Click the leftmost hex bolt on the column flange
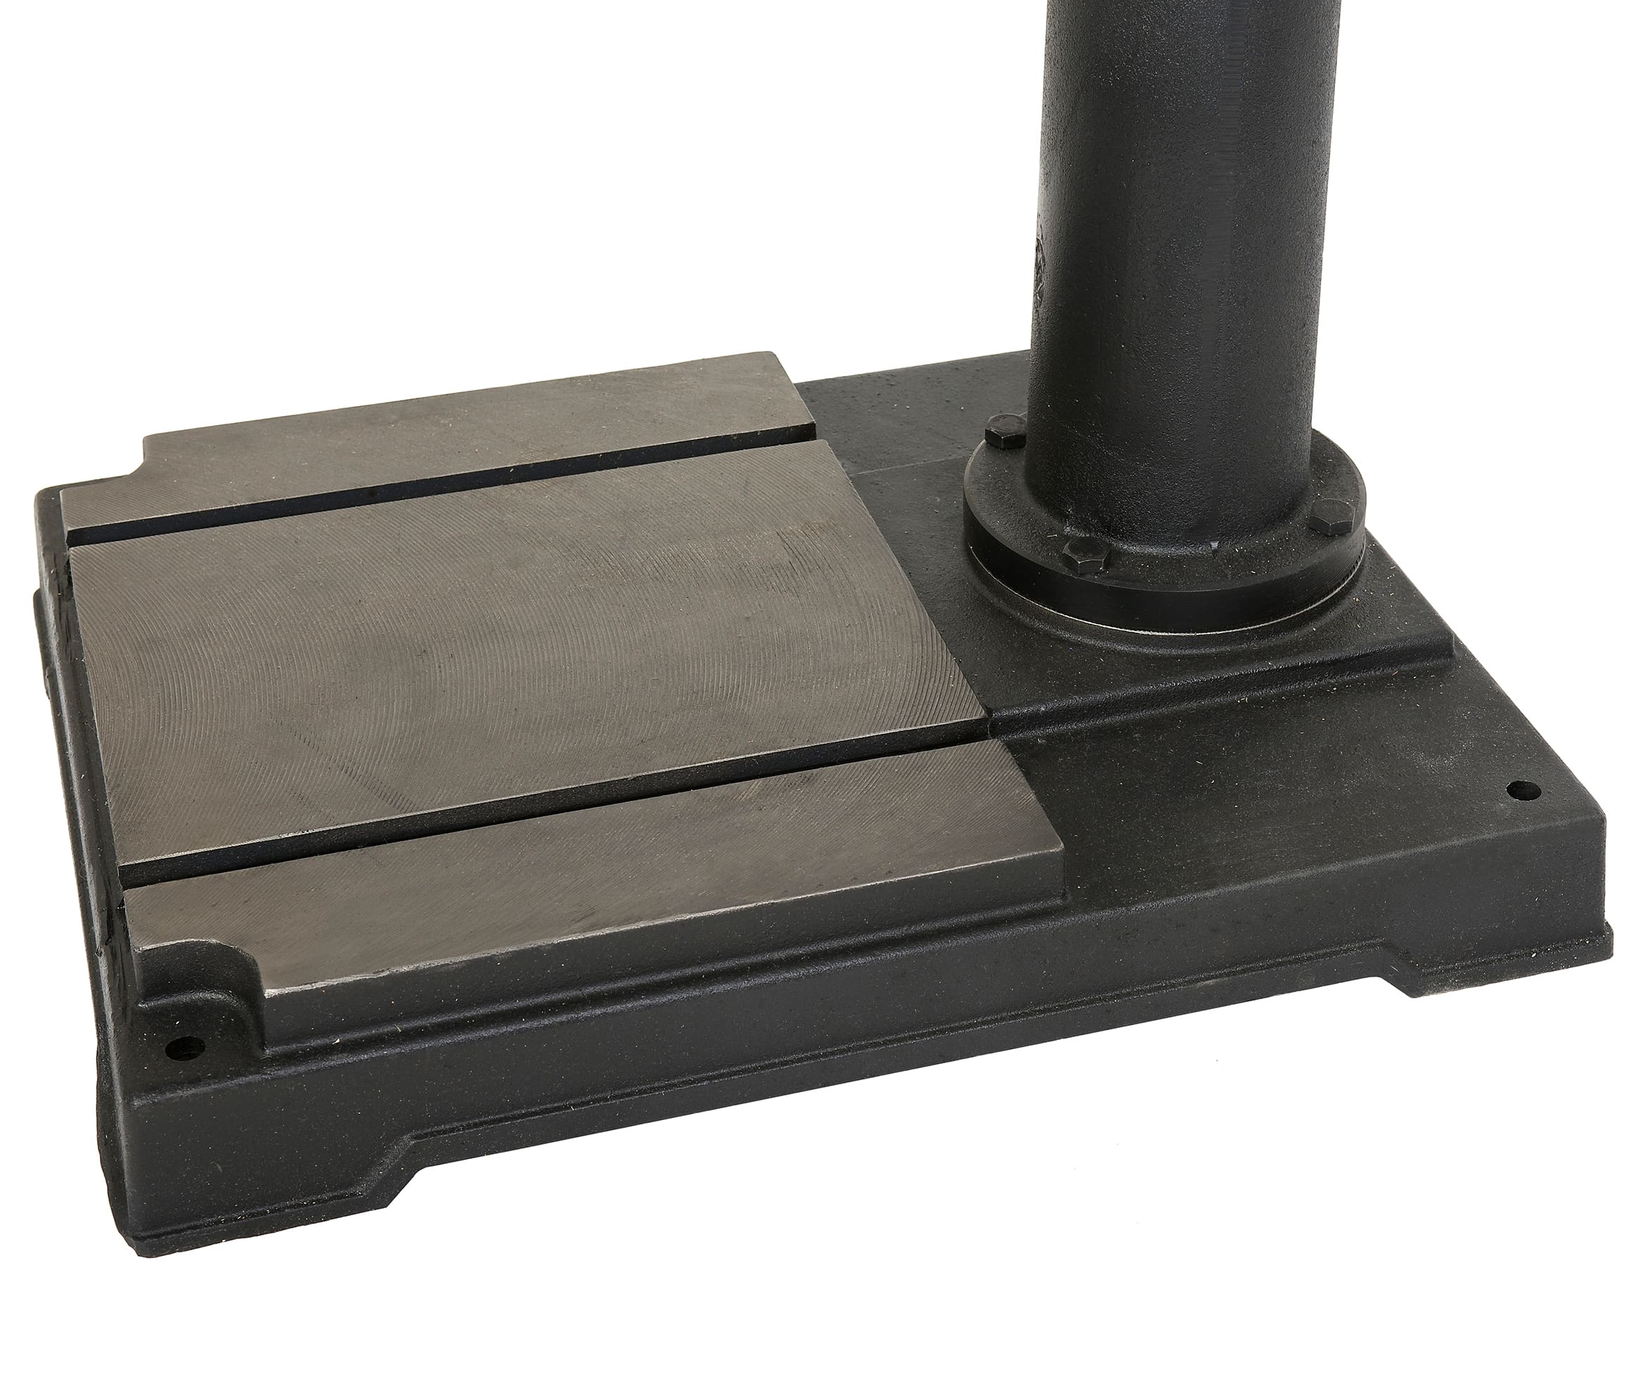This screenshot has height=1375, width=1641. [1005, 432]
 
